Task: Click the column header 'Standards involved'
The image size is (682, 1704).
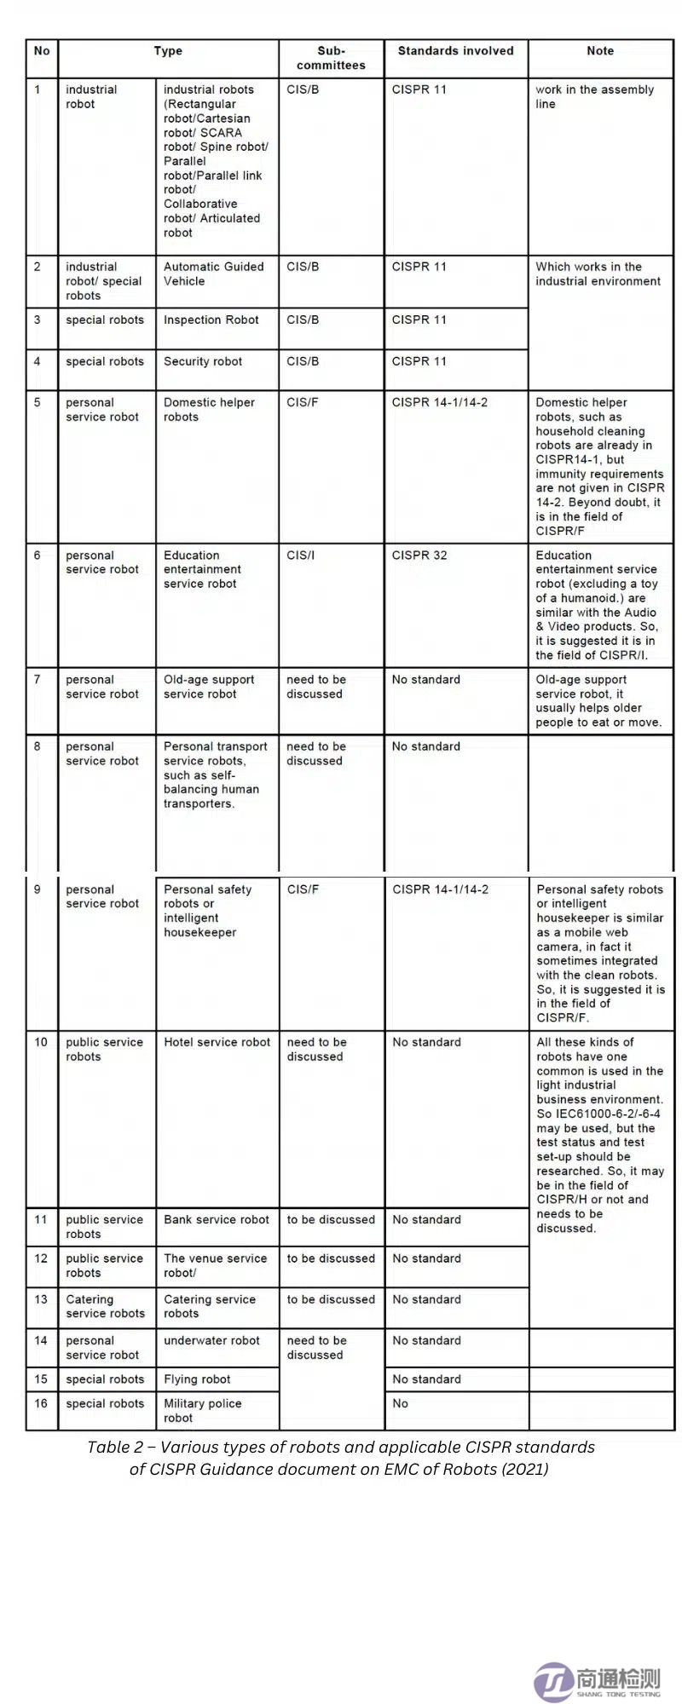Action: pyautogui.click(x=455, y=51)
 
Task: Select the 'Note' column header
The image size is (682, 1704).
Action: pyautogui.click(x=600, y=51)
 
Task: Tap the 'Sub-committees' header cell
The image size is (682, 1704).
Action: pyautogui.click(x=331, y=58)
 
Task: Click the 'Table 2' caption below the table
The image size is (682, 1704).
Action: pyautogui.click(x=341, y=1458)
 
